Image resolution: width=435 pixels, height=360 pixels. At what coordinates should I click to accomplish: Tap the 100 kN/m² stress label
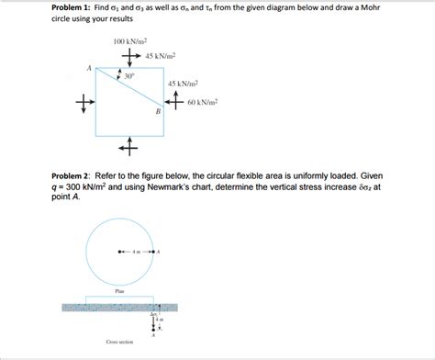pyautogui.click(x=130, y=41)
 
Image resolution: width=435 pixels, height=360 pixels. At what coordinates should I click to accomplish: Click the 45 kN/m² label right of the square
pyautogui.click(x=184, y=84)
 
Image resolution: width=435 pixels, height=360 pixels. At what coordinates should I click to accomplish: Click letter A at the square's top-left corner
pyautogui.click(x=89, y=67)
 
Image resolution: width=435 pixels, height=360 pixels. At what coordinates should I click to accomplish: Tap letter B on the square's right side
pyautogui.click(x=157, y=111)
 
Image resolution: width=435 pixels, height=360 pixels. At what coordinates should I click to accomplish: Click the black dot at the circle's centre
pyautogui.click(x=119, y=251)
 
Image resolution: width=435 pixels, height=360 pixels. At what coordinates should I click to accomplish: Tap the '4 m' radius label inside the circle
pyautogui.click(x=137, y=251)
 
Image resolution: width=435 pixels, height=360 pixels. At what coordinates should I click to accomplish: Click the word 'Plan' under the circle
pyautogui.click(x=119, y=290)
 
